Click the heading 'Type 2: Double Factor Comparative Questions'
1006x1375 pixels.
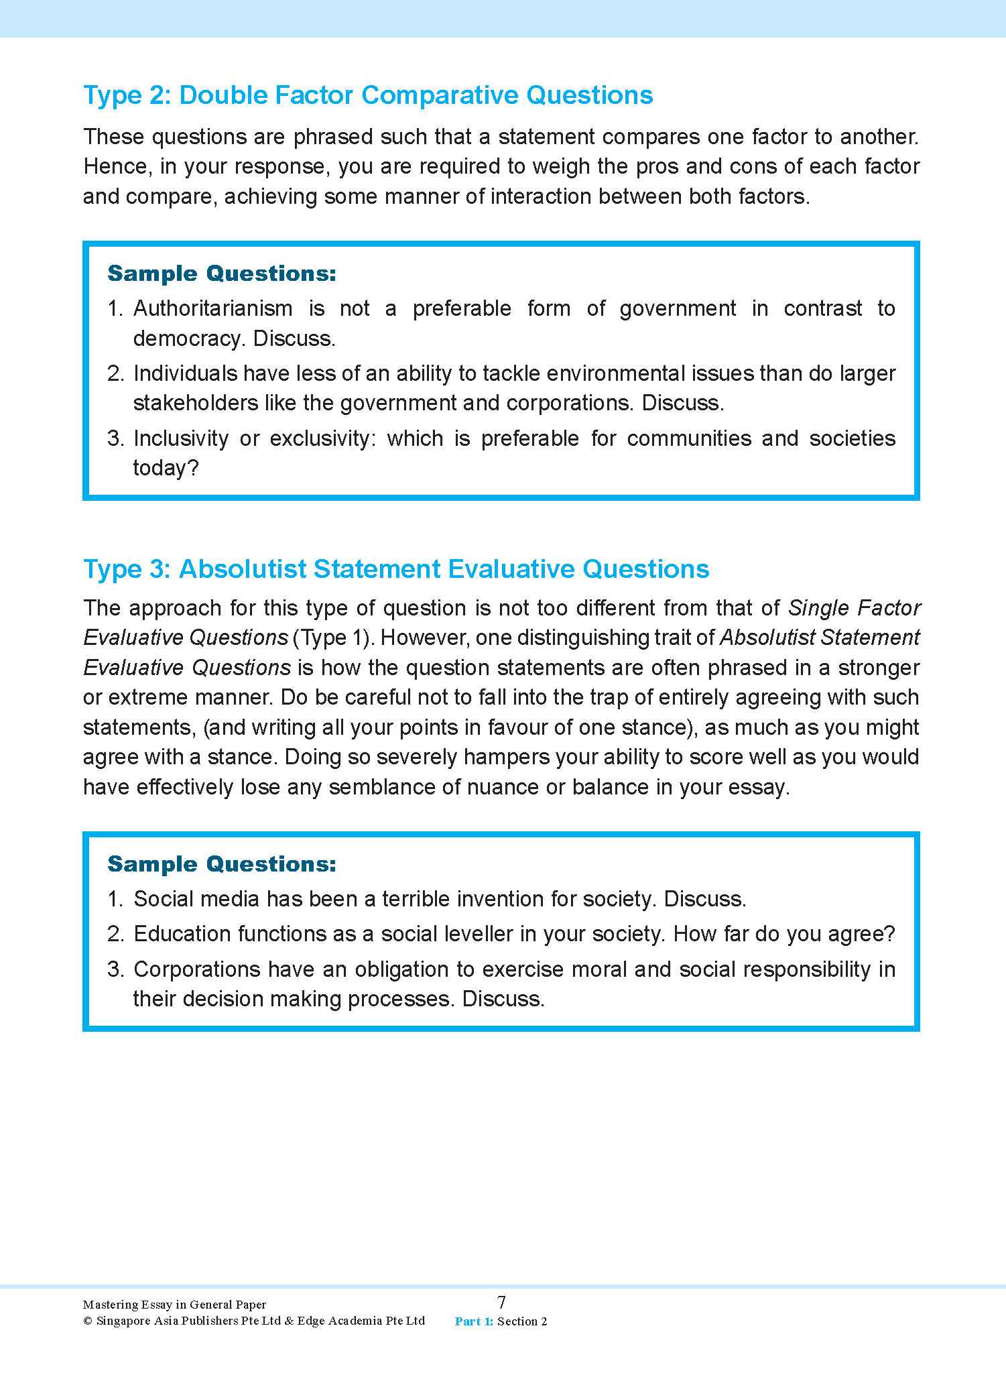(x=367, y=95)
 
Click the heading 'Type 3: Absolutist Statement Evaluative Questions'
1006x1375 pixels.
(x=395, y=569)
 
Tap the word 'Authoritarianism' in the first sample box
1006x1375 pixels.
(x=212, y=308)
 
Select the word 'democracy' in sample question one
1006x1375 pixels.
(x=187, y=338)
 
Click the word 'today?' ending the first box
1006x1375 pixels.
(x=166, y=468)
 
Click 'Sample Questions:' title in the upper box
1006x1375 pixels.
(x=221, y=274)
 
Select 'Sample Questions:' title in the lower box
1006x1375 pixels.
(x=221, y=864)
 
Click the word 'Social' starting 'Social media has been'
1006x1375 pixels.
(x=164, y=899)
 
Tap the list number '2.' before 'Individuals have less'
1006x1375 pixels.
(x=116, y=373)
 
